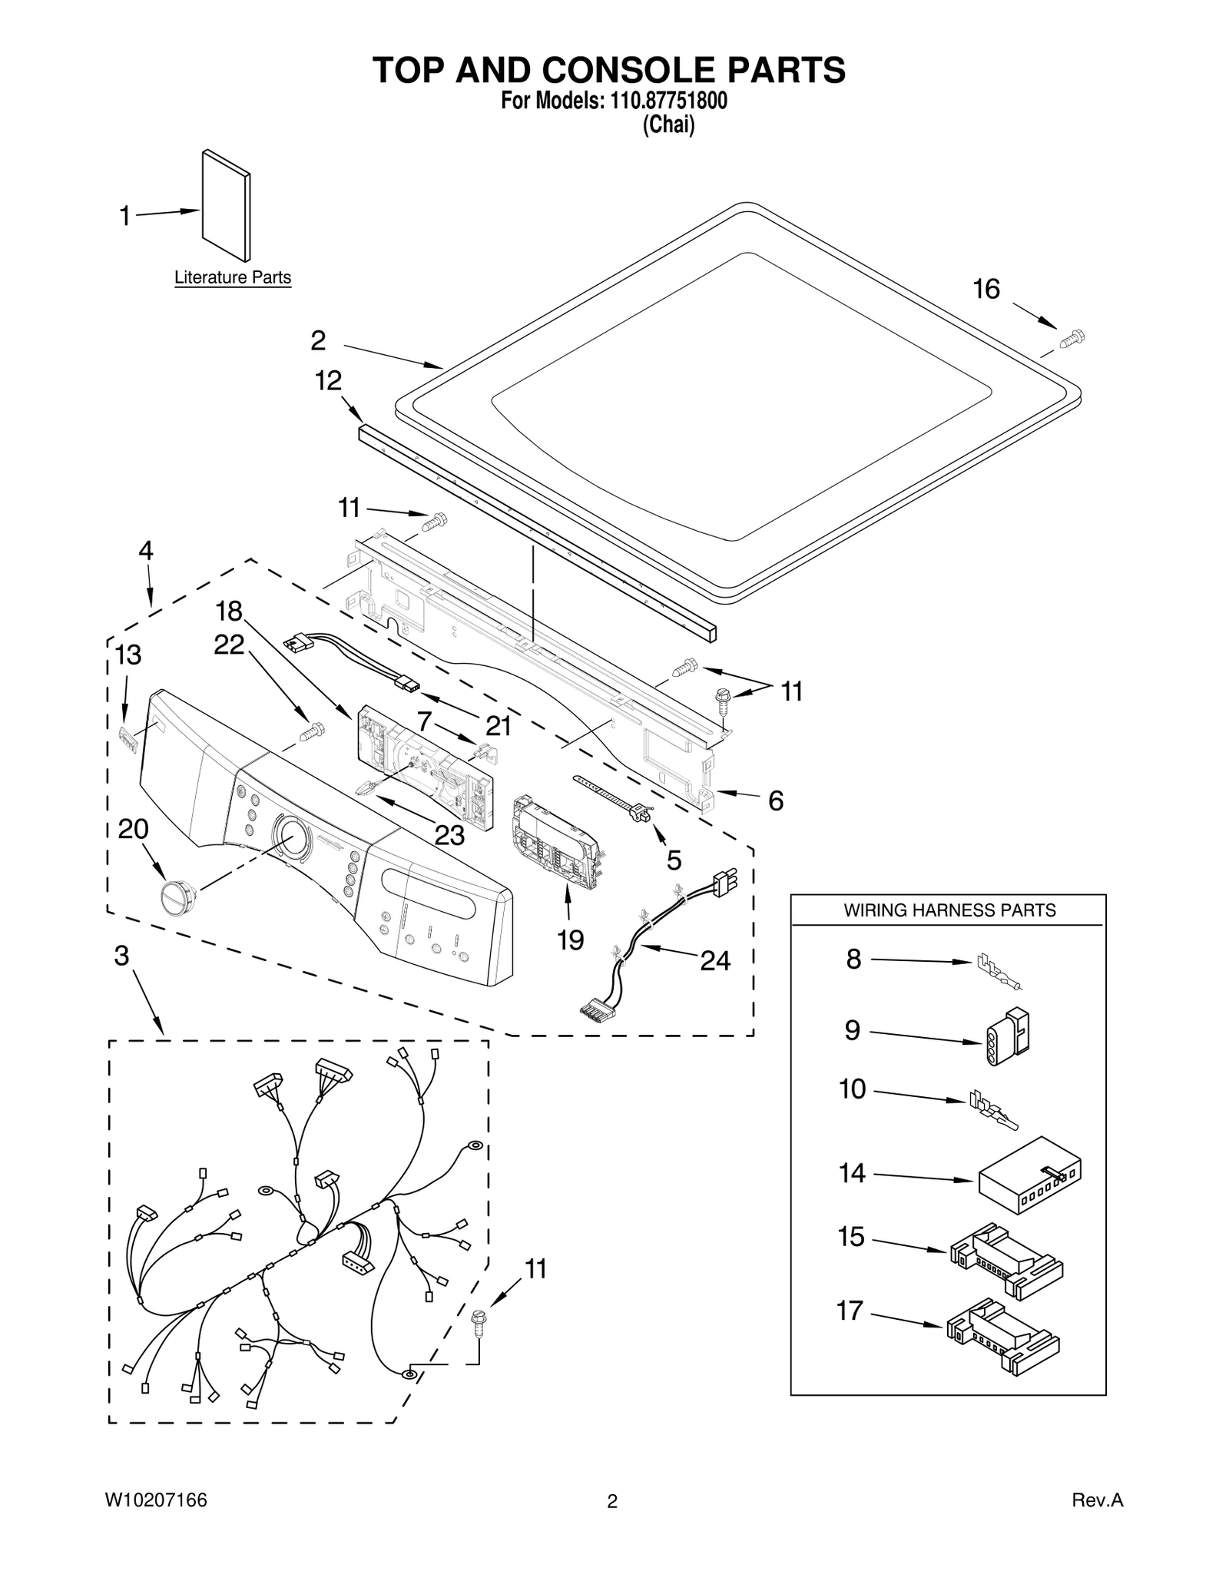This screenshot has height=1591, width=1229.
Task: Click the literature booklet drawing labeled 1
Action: coord(226,206)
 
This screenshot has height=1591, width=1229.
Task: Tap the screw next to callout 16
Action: coord(1072,338)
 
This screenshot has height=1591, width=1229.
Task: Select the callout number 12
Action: coord(329,380)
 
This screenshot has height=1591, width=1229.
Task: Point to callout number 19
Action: coord(571,939)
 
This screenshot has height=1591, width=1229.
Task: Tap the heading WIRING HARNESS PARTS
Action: coord(949,910)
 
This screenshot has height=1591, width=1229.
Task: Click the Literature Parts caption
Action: coord(233,277)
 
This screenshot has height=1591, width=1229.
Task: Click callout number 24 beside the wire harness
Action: coord(714,960)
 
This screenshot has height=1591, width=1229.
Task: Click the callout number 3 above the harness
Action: coord(121,955)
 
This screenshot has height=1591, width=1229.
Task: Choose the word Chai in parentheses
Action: coord(668,124)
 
